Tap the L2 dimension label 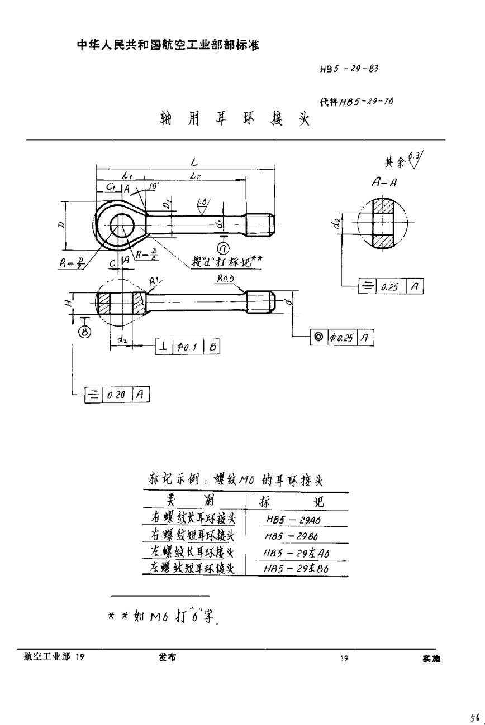(x=194, y=176)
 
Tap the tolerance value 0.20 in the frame (x=117, y=394)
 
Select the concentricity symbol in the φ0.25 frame (x=318, y=337)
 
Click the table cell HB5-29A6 (x=296, y=519)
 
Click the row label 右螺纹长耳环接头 (x=193, y=518)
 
